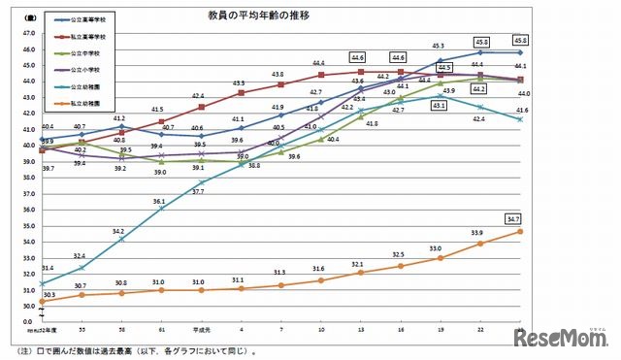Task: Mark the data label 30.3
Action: pyautogui.click(x=49, y=294)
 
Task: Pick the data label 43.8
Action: pyautogui.click(x=278, y=74)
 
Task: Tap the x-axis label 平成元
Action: pyautogui.click(x=202, y=328)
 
